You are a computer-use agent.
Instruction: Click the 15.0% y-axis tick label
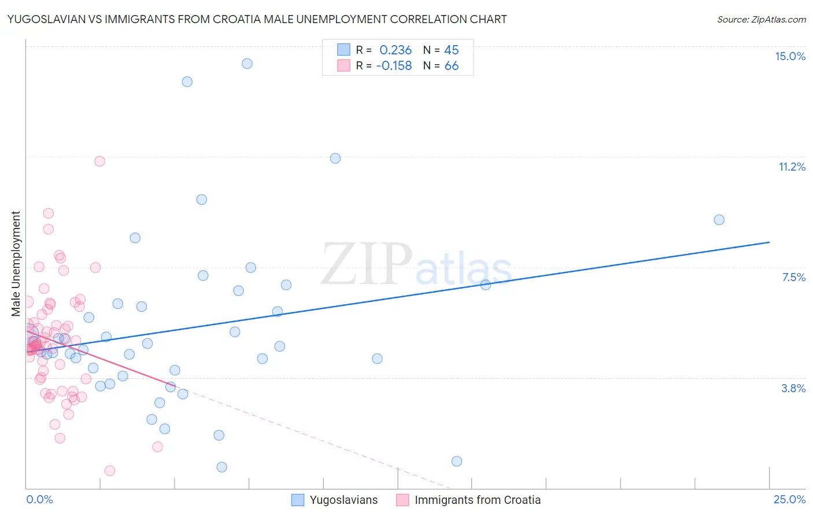[790, 56]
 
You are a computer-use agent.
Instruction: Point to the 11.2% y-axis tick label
[792, 167]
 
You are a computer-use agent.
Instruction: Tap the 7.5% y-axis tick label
[793, 277]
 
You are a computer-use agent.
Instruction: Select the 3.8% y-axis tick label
[793, 388]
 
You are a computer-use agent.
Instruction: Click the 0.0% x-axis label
[39, 499]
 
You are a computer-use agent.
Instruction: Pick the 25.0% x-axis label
[789, 499]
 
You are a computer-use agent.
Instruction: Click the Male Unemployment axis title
[16, 263]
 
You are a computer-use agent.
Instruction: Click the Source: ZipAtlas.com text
[761, 19]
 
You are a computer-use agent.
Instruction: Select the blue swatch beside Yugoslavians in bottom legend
[298, 500]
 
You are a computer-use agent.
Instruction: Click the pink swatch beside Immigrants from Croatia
[402, 500]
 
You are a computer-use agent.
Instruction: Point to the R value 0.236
[396, 50]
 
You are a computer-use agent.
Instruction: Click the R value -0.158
[394, 66]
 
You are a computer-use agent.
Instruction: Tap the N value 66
[452, 66]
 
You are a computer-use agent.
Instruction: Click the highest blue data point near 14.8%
[247, 64]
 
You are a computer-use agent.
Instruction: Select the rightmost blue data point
[719, 220]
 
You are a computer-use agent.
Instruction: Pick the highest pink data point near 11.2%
[99, 161]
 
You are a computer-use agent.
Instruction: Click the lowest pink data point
[110, 471]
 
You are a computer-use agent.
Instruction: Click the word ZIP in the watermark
[367, 264]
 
